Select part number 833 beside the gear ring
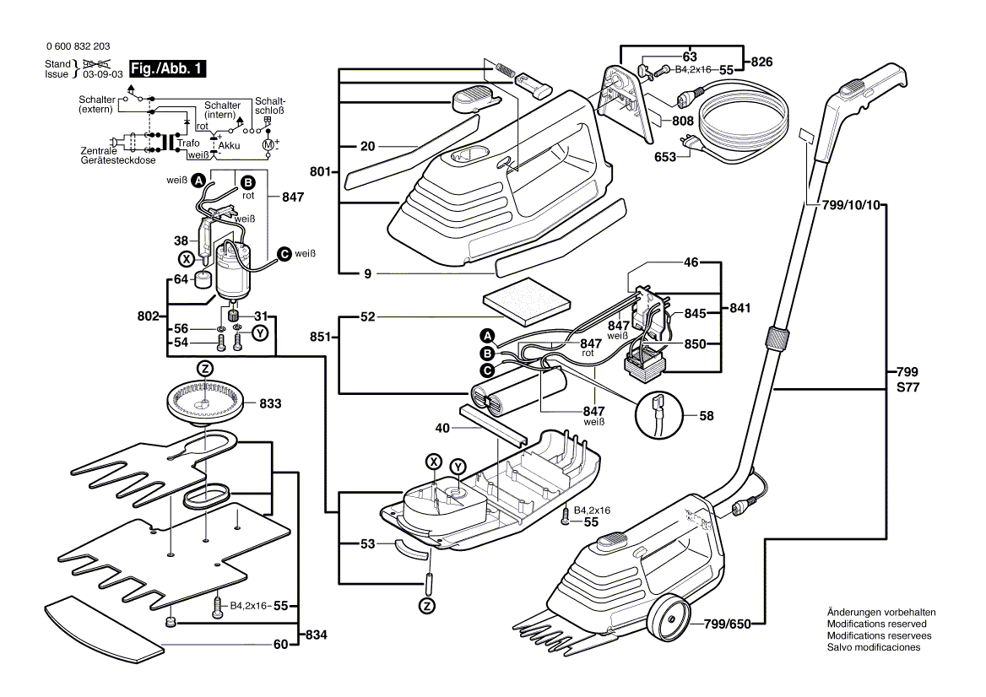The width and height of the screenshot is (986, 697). tap(270, 404)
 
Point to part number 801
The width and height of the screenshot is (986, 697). tap(319, 172)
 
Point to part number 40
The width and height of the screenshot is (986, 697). tap(442, 428)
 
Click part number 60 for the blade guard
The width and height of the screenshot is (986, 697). tap(280, 645)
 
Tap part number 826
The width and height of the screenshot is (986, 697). tap(762, 62)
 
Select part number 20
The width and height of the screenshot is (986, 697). tap(367, 146)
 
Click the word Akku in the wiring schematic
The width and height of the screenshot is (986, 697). tap(229, 146)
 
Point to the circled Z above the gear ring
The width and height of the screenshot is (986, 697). tap(204, 368)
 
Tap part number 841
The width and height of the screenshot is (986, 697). tap(740, 309)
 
